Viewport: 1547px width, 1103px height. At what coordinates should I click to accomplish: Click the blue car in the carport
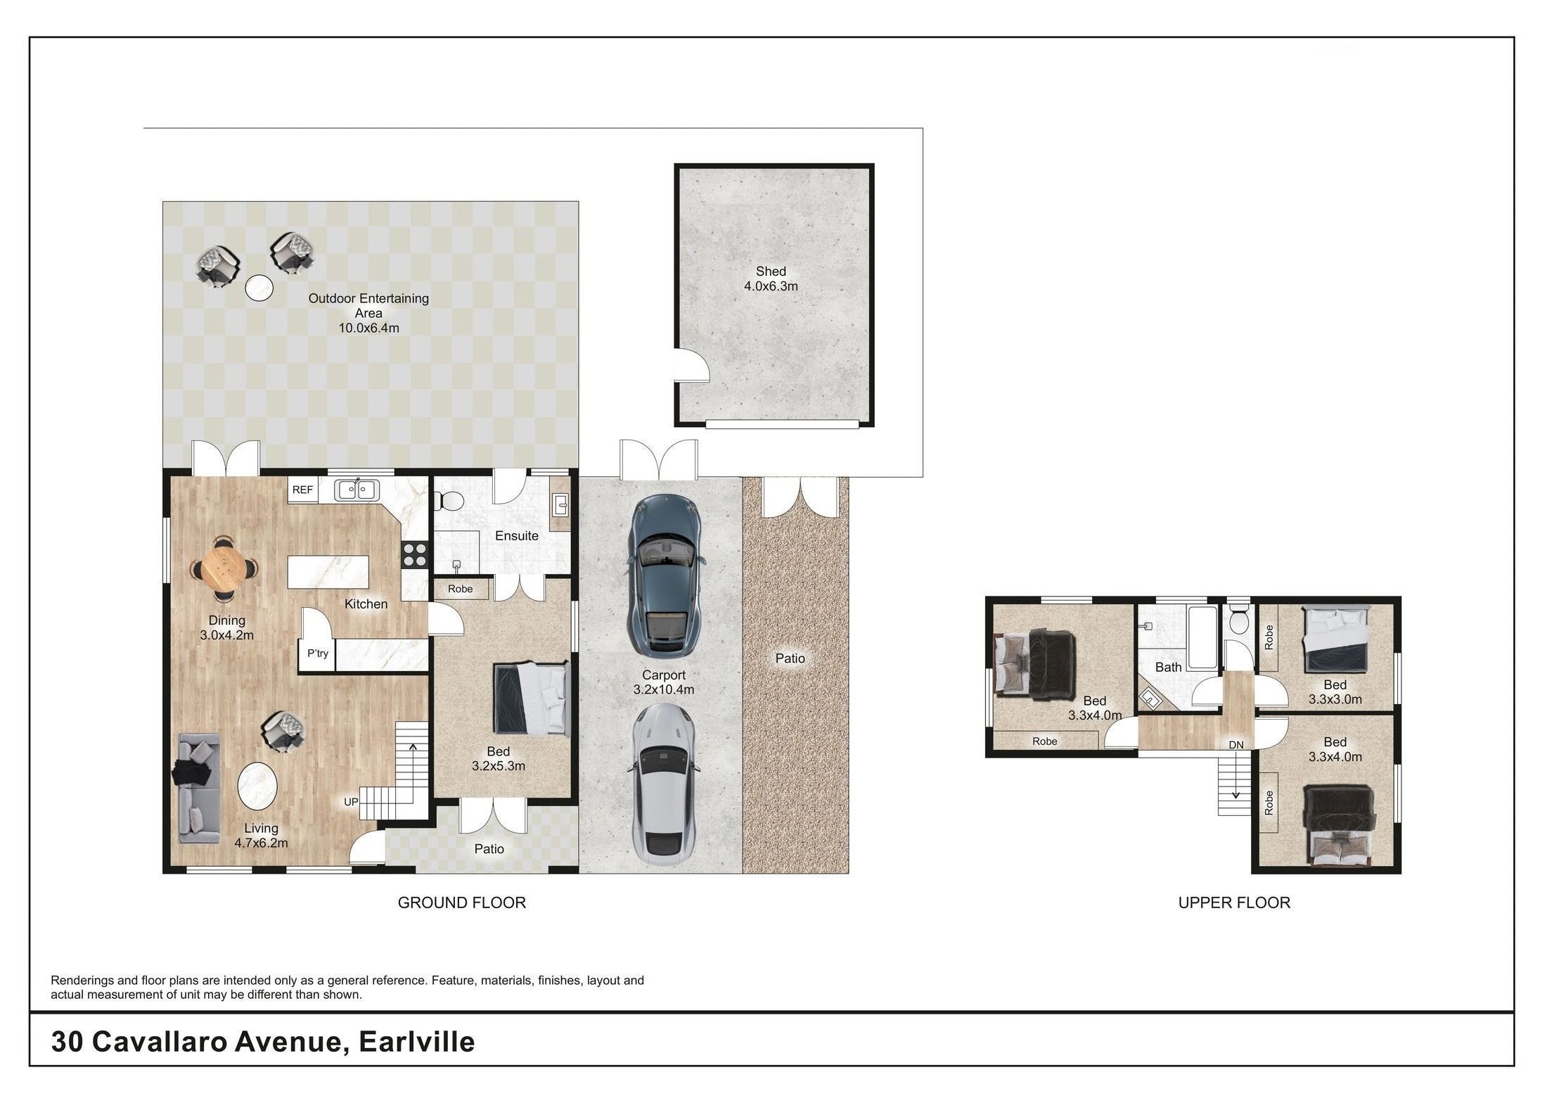point(664,576)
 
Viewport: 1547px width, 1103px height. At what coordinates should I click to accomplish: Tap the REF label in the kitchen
point(302,490)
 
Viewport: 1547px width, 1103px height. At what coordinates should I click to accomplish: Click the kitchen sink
point(357,489)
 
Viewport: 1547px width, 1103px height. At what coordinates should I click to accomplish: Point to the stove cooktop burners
point(415,554)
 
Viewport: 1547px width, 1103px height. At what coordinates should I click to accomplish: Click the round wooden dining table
point(224,568)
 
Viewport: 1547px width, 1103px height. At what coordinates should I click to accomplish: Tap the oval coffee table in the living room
point(257,789)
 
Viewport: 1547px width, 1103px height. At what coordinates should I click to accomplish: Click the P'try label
point(318,653)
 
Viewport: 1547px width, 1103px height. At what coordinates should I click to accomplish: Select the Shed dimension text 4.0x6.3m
point(771,286)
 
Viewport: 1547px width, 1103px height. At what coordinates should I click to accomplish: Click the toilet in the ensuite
point(447,501)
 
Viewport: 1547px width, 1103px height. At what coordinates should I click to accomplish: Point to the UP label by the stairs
point(351,802)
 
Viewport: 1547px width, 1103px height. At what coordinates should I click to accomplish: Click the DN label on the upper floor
point(1236,745)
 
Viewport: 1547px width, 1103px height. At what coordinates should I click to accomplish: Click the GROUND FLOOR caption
point(462,903)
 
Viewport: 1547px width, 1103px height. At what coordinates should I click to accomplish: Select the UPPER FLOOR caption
point(1234,903)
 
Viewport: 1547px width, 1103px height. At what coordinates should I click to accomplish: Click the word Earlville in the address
point(417,1042)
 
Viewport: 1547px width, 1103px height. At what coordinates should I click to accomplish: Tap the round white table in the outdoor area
point(259,288)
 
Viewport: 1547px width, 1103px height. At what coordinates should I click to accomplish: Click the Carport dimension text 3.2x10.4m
point(664,690)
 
